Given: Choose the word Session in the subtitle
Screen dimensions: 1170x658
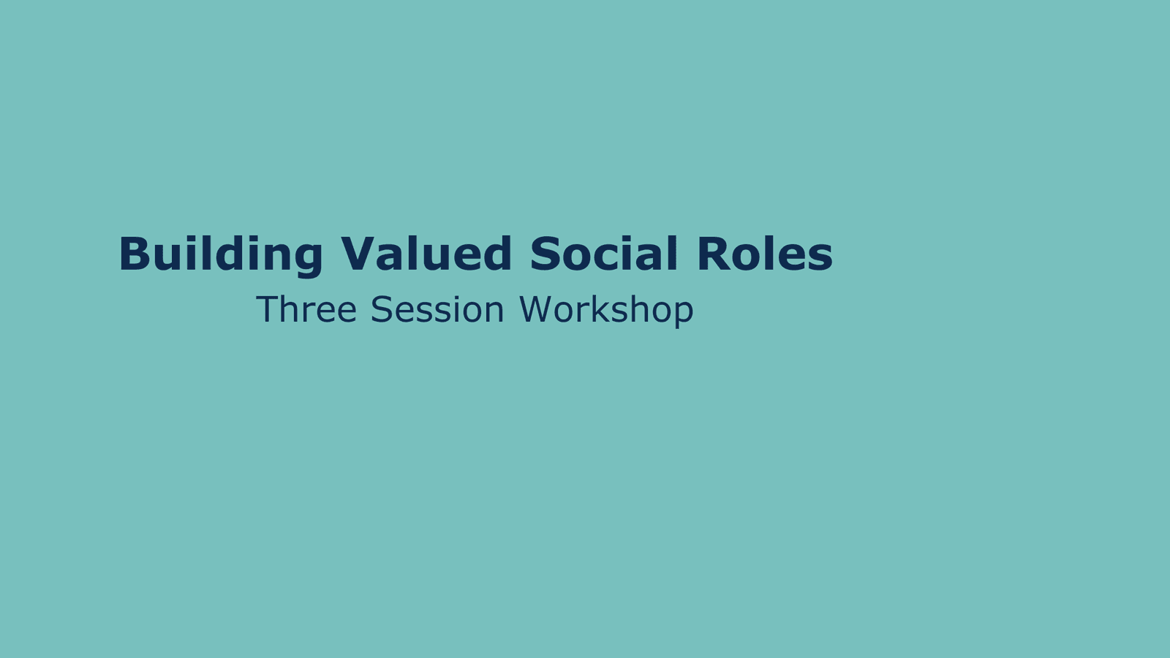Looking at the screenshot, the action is click(x=437, y=309).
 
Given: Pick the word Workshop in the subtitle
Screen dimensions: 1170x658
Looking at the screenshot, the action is click(x=606, y=311).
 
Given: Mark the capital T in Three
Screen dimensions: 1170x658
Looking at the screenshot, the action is click(x=267, y=309).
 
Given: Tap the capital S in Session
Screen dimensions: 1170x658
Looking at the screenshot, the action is click(x=382, y=309).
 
